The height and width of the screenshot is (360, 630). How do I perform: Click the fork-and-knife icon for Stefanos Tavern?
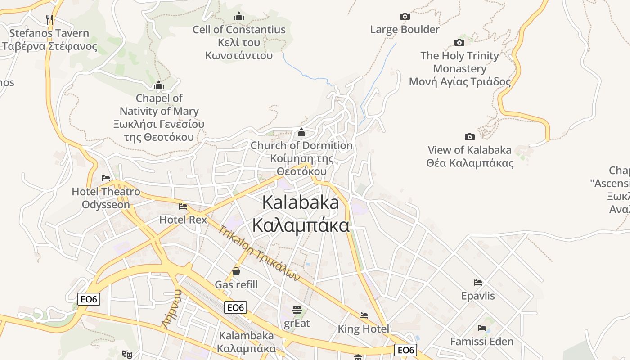coord(49,19)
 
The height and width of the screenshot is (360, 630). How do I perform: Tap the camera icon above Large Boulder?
coord(405,17)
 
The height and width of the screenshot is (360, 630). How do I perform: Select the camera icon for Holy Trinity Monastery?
coord(459,43)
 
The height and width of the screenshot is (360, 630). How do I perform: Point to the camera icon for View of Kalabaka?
coord(470,137)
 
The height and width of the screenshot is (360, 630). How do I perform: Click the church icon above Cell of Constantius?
coord(239,17)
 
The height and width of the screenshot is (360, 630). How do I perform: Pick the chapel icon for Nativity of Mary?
coord(158,85)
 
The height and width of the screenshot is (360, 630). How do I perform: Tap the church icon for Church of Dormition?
coord(301,133)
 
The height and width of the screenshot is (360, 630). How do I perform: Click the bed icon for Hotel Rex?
coord(183,207)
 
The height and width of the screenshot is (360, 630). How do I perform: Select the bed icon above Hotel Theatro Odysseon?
coord(106,178)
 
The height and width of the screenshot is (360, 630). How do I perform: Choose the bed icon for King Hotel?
coord(364,315)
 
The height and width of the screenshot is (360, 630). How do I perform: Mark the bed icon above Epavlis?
coord(478,283)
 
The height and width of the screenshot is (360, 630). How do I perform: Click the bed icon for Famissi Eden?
coord(482,328)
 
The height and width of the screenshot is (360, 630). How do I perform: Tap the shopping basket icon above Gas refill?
coord(236,271)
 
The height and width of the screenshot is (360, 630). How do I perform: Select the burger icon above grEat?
coord(297,310)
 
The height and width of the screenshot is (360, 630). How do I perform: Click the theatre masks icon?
coord(127,355)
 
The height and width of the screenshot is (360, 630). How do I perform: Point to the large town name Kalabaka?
coord(301,202)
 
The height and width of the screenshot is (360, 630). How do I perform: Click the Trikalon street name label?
coord(259,253)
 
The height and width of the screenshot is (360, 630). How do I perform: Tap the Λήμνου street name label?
coord(172,309)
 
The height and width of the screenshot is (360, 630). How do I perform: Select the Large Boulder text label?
coord(405,30)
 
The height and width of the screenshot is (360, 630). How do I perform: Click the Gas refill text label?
coord(236,284)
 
